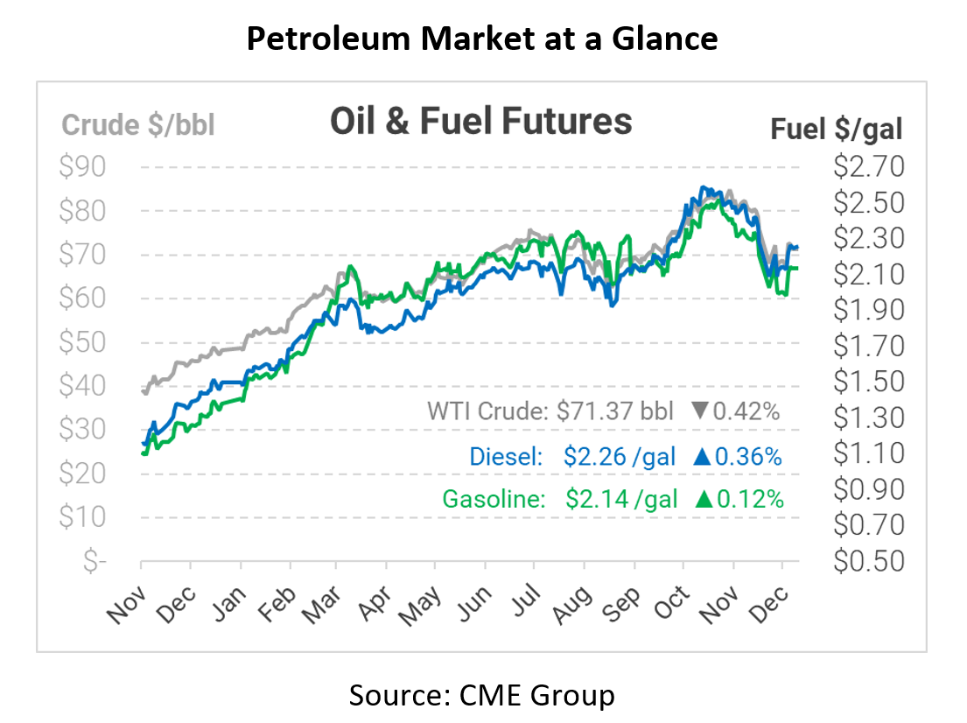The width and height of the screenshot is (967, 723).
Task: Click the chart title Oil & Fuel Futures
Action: click(x=480, y=121)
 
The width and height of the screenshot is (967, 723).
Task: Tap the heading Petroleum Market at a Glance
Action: click(x=482, y=38)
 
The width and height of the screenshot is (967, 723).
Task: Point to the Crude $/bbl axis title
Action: click(x=138, y=125)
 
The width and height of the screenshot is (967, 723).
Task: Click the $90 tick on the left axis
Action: click(x=83, y=166)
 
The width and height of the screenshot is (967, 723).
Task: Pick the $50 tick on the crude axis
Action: click(x=83, y=341)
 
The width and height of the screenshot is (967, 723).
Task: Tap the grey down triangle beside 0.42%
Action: click(x=700, y=411)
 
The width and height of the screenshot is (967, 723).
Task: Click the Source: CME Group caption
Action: click(x=482, y=695)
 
